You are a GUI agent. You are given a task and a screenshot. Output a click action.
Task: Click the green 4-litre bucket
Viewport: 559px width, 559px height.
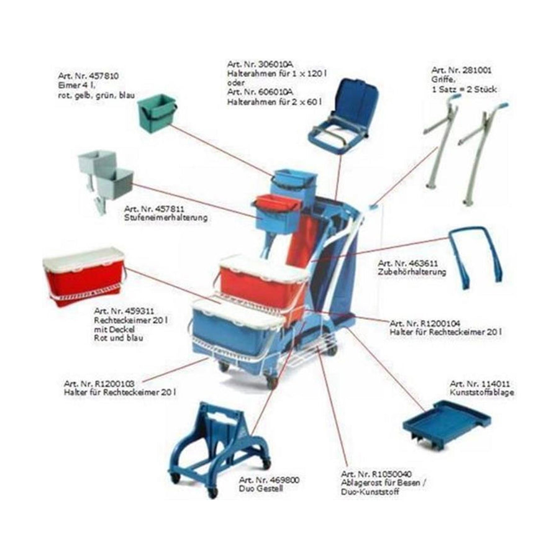[157, 114]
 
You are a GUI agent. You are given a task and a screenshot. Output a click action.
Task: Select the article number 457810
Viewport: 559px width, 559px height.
[103, 76]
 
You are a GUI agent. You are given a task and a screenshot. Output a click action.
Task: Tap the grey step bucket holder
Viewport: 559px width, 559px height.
[105, 180]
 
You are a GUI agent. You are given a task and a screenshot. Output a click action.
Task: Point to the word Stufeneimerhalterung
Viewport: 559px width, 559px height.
[166, 217]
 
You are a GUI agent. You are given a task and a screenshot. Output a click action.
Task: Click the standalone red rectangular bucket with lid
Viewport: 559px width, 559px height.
[84, 276]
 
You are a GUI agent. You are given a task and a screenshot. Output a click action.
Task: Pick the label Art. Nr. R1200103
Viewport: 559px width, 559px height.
[99, 384]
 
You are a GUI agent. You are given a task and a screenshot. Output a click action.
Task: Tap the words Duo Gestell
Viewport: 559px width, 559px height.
[261, 489]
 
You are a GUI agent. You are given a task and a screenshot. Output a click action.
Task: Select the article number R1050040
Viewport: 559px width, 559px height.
[391, 474]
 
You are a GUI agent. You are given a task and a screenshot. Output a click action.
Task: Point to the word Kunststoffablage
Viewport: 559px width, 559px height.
[482, 393]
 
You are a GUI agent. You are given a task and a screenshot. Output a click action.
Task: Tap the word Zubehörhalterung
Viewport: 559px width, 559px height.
[412, 272]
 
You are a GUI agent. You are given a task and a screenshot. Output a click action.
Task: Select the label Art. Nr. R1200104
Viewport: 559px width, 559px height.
[425, 324]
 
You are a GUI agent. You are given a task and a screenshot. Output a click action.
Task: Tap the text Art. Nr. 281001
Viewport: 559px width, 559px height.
[461, 70]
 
